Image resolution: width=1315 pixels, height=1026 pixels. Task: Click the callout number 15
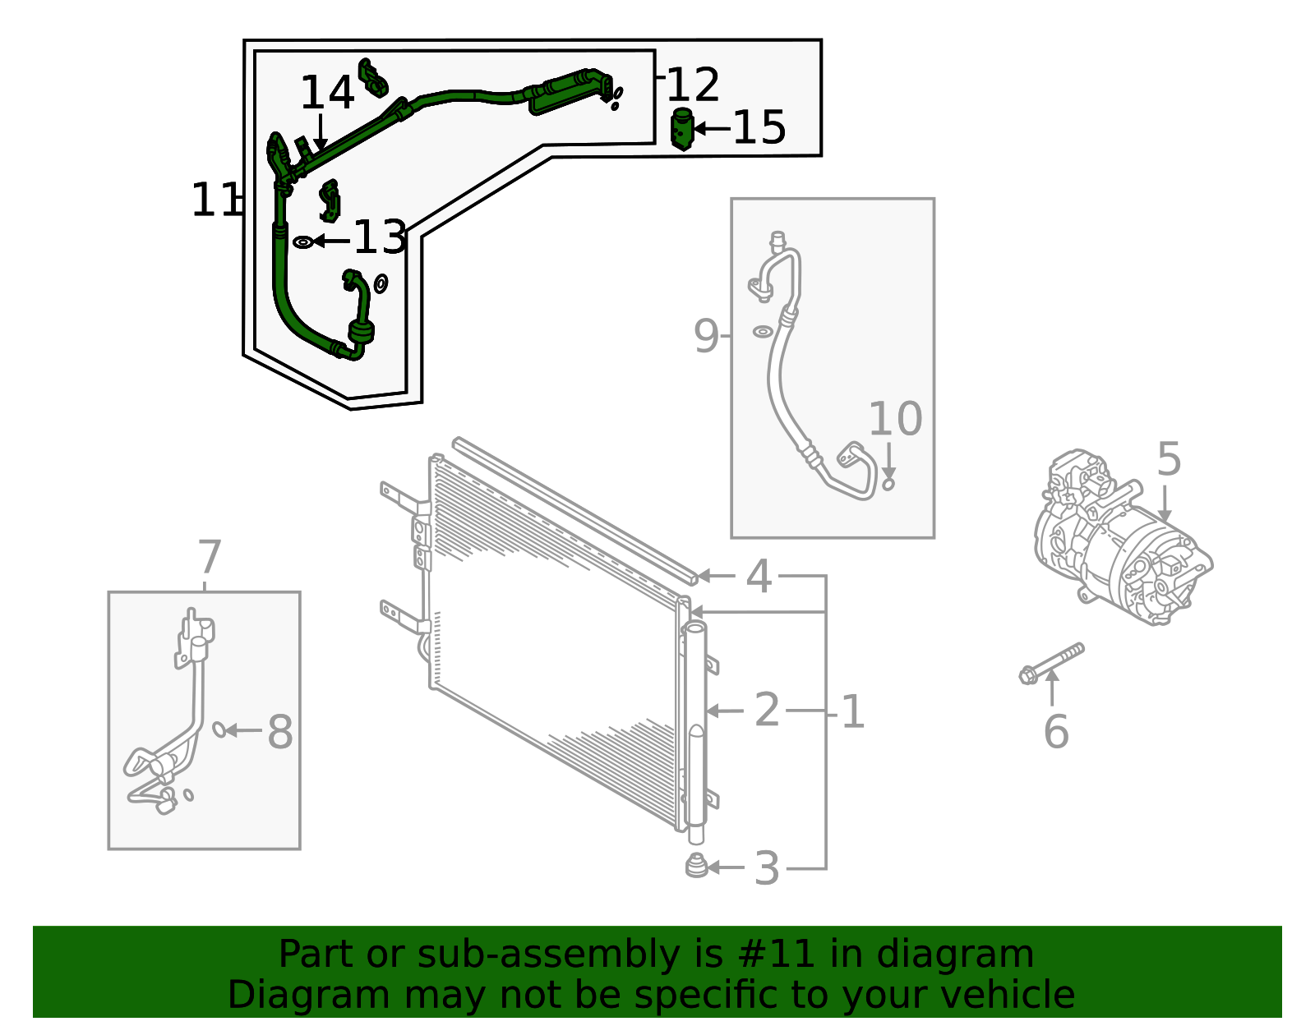759,128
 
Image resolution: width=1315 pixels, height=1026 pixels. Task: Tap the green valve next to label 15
682,129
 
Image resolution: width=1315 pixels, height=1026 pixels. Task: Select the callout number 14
327,93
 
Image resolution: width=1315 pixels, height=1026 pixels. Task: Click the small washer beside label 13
303,242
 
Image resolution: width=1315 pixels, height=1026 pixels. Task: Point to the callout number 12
693,85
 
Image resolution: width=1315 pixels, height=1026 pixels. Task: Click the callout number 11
214,200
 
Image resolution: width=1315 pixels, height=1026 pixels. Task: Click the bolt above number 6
1051,662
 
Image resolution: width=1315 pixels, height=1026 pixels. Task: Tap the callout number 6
1056,732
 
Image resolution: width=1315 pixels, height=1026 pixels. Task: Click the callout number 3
766,868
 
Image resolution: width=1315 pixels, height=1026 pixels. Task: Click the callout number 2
766,710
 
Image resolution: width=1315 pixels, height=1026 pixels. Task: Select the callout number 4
758,577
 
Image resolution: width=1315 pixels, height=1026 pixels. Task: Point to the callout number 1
853,711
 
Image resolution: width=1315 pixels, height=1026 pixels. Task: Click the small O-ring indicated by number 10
888,485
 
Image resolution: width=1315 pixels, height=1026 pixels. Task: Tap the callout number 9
706,336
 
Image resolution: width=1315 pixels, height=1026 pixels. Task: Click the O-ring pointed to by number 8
219,729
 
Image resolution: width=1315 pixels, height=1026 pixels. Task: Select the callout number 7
210,558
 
